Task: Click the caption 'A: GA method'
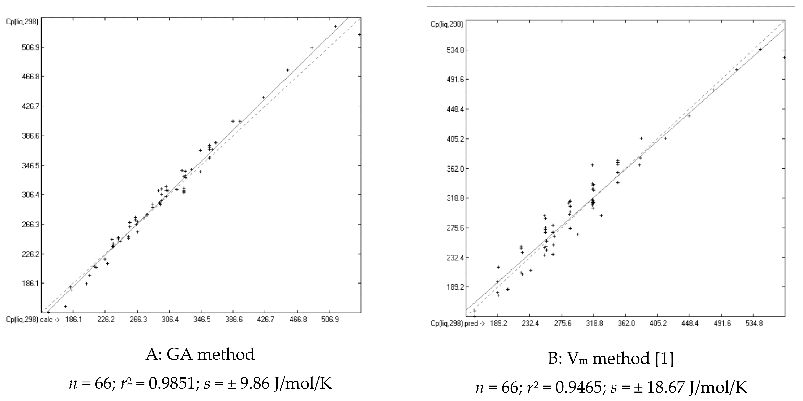click(x=200, y=354)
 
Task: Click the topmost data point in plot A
click(x=336, y=26)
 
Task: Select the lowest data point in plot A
click(x=48, y=312)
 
